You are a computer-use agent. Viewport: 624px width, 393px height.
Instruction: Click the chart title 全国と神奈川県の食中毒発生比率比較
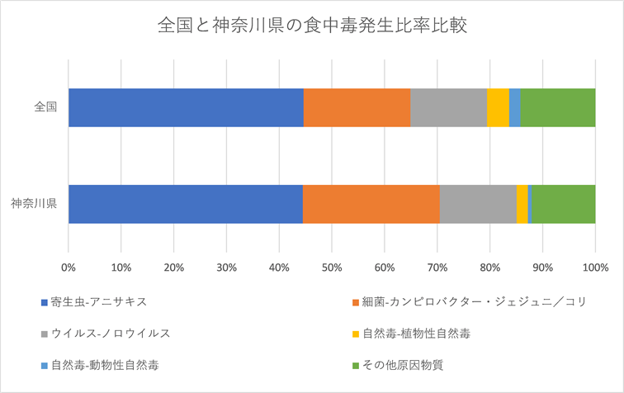point(312,26)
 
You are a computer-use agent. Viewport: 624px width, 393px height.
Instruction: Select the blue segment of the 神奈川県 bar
point(186,204)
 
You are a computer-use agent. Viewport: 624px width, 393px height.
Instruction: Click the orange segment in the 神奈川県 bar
point(371,204)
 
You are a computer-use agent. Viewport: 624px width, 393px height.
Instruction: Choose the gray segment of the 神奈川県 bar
point(478,204)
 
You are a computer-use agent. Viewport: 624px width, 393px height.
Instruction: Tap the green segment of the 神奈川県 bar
point(562,204)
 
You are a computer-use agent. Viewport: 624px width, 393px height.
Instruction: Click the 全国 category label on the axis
point(45,107)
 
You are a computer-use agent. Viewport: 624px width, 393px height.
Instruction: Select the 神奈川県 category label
point(34,204)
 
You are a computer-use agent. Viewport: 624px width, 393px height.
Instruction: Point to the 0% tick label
point(69,268)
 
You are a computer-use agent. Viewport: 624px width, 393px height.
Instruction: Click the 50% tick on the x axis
point(332,268)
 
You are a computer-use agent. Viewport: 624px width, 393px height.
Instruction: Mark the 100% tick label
point(594,268)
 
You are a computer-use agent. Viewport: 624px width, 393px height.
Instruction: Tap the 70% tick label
point(437,268)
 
